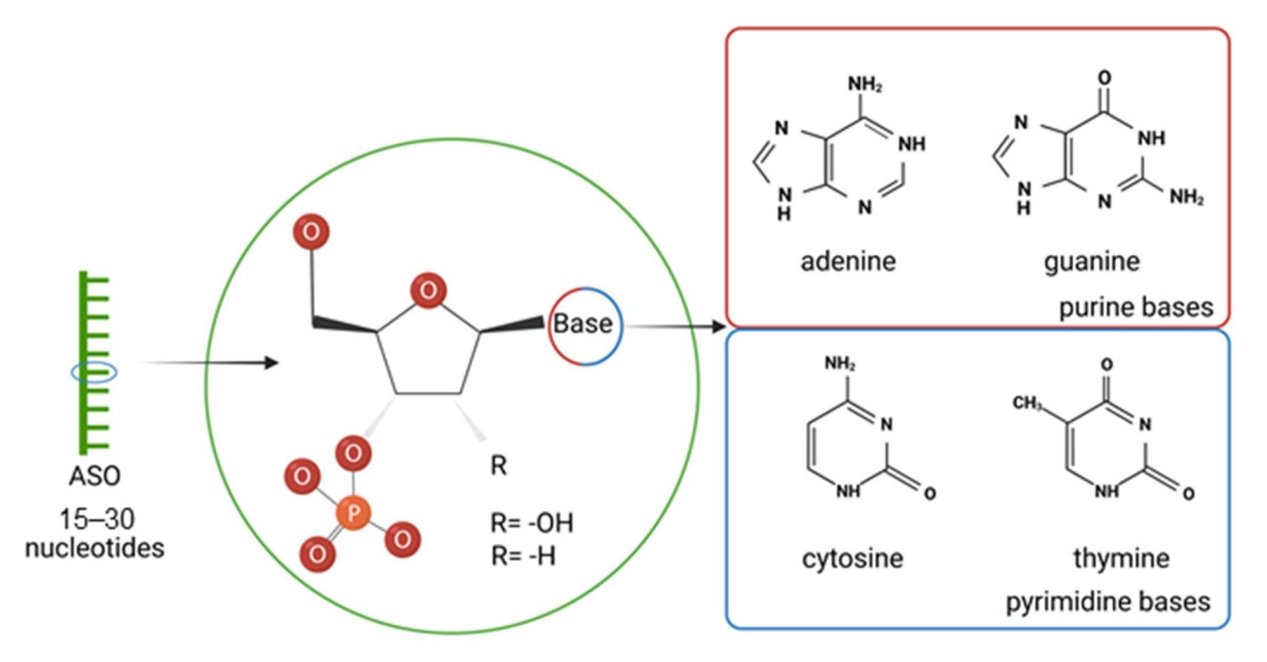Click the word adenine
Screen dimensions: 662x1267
pyautogui.click(x=848, y=261)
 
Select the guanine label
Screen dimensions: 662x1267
pyautogui.click(x=1091, y=261)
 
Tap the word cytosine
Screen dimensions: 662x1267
pyautogui.click(x=852, y=558)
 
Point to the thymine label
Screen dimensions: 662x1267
pyautogui.click(x=1121, y=558)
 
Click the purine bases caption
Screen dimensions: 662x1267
pyautogui.click(x=1136, y=307)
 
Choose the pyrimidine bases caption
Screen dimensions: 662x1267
pyautogui.click(x=1107, y=601)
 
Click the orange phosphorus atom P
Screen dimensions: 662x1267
pyautogui.click(x=353, y=513)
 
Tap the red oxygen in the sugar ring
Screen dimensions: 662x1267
pyautogui.click(x=428, y=290)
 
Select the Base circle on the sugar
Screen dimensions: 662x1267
pyautogui.click(x=584, y=324)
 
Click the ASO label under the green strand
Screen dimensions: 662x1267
pyautogui.click(x=95, y=476)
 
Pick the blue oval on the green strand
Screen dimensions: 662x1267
pyautogui.click(x=93, y=372)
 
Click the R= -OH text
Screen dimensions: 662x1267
pyautogui.click(x=531, y=523)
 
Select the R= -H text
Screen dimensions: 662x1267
pyautogui.click(x=523, y=556)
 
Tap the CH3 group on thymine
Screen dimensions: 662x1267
pyautogui.click(x=1026, y=403)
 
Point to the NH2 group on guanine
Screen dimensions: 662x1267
pyautogui.click(x=1186, y=197)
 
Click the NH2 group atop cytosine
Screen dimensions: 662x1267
pyautogui.click(x=840, y=364)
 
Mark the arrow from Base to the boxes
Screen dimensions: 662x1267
pyautogui.click(x=674, y=326)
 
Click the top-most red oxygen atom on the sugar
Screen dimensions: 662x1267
pyautogui.click(x=311, y=232)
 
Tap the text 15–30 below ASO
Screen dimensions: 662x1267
pyautogui.click(x=97, y=519)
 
